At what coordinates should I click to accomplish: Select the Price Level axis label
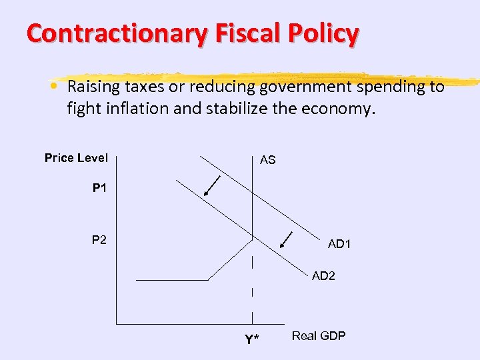tap(76, 158)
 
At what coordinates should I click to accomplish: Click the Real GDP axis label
tap(319, 336)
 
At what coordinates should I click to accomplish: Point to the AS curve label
tap(268, 161)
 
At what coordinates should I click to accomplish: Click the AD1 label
tap(339, 245)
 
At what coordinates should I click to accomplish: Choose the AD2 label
tap(324, 276)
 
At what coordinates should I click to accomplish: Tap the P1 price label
tap(99, 189)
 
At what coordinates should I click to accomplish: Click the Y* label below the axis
tap(251, 340)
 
